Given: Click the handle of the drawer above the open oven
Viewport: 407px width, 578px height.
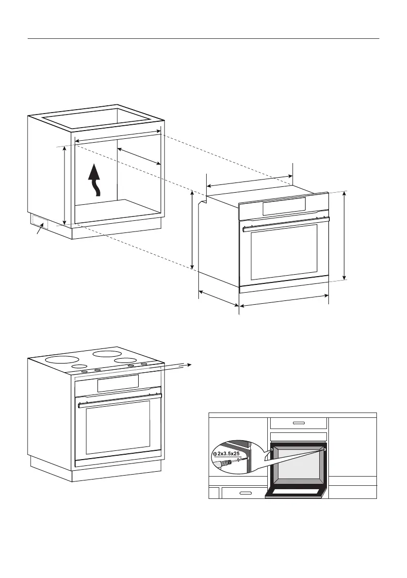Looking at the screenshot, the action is click(298, 423).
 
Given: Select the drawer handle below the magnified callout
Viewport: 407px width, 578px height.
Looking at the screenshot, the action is click(245, 493).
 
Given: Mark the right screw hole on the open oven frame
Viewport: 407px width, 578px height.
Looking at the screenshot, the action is click(324, 449).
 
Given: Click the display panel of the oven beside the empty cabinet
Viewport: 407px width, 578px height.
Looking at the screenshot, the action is click(284, 207).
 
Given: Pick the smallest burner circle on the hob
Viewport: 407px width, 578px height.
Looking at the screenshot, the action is click(80, 366).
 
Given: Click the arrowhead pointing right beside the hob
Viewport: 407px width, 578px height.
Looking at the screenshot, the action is click(191, 364).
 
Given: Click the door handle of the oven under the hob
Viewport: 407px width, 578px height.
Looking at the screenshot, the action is click(119, 398).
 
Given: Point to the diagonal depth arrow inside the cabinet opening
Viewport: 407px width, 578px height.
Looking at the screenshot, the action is click(139, 156).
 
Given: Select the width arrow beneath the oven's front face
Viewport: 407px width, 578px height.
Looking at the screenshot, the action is click(284, 301).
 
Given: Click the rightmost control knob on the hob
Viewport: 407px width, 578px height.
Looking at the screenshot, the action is click(144, 363).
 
